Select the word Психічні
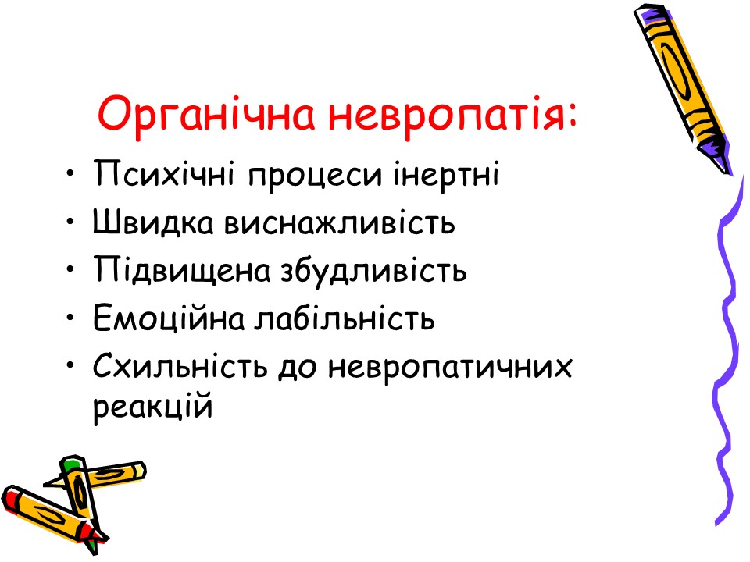point(164,174)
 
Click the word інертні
point(446,173)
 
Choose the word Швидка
point(152,222)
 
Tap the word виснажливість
point(340,222)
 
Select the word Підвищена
point(182,269)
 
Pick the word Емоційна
point(169,318)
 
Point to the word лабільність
point(345,318)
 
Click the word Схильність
point(180,365)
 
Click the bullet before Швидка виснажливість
point(71,222)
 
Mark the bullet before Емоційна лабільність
point(71,318)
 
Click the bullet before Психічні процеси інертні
point(71,173)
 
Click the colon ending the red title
point(573,118)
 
